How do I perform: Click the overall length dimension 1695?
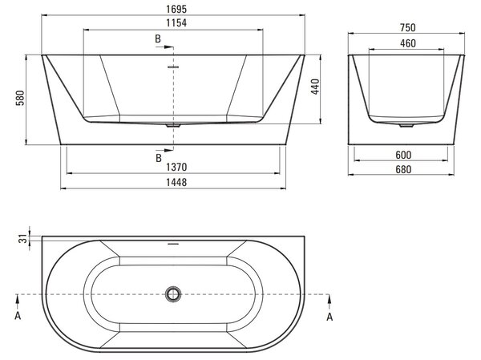(x=176, y=9)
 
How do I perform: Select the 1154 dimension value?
(x=176, y=23)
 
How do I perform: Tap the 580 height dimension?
(x=20, y=98)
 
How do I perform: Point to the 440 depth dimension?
(x=315, y=87)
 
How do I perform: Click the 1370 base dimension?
(x=176, y=168)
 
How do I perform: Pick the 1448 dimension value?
(x=176, y=183)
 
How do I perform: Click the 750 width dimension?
(x=408, y=28)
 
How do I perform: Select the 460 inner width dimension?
(x=408, y=43)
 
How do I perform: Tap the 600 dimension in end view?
(x=403, y=155)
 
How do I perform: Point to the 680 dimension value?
(x=403, y=169)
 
